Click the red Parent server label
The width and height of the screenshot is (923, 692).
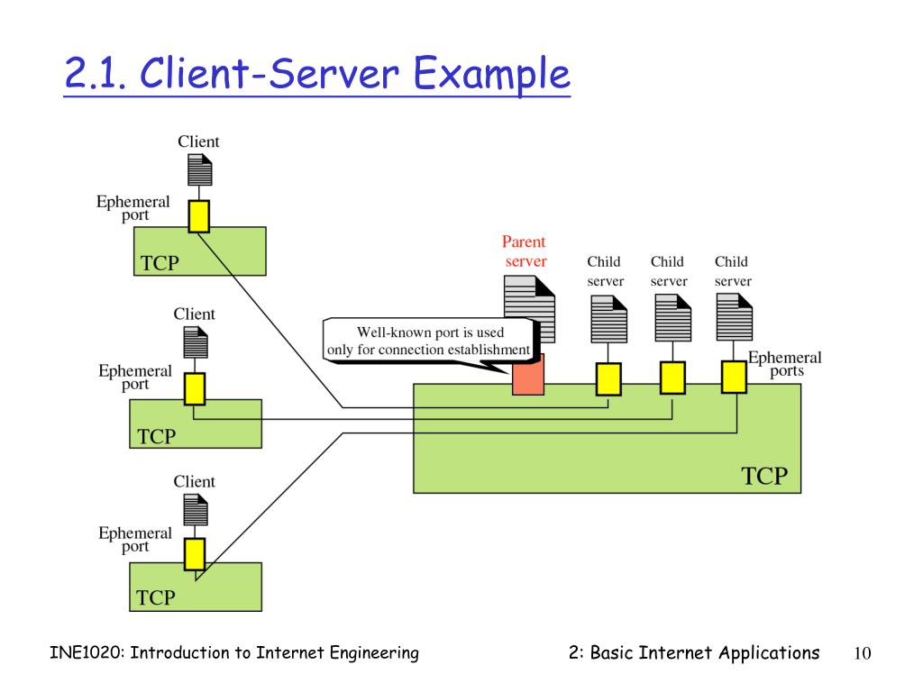click(525, 251)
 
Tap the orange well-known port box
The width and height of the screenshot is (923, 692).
click(528, 374)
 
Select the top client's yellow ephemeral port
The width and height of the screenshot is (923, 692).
click(199, 216)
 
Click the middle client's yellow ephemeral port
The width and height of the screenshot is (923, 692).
click(195, 388)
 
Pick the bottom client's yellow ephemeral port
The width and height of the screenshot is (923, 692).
click(195, 554)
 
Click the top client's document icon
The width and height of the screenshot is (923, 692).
click(199, 169)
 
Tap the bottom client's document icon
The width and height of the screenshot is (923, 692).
click(196, 510)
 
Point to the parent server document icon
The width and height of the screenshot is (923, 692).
click(530, 309)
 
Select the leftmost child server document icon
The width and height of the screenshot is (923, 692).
click(608, 319)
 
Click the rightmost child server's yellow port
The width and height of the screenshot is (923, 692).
click(734, 377)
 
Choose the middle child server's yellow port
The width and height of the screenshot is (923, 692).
click(672, 378)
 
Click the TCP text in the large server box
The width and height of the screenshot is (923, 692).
click(764, 476)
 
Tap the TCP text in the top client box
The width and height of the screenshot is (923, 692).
click(160, 262)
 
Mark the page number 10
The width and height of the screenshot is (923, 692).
click(863, 653)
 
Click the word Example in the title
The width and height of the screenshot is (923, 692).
click(491, 74)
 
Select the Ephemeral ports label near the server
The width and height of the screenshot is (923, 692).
click(785, 364)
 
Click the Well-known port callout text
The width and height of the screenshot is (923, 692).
click(429, 341)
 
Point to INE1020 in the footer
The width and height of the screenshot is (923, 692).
click(87, 652)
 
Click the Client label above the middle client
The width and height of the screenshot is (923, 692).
click(195, 314)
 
